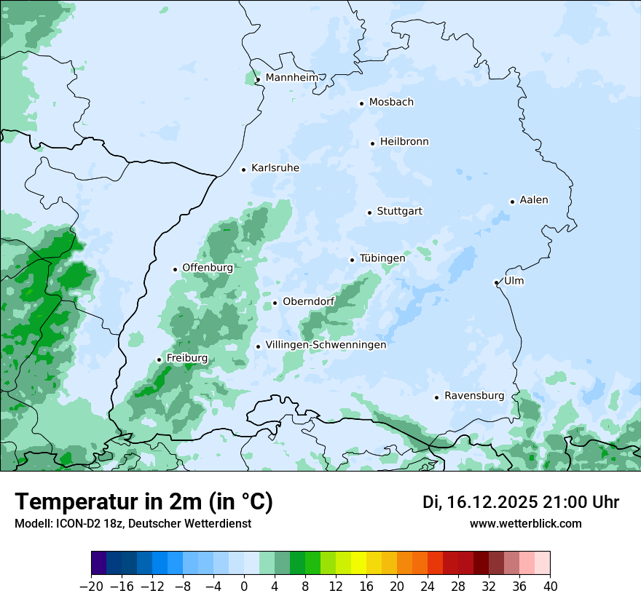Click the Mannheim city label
pyautogui.click(x=291, y=78)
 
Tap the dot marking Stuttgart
pyautogui.click(x=369, y=212)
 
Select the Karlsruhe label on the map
pyautogui.click(x=275, y=168)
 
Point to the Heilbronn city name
pyautogui.click(x=404, y=142)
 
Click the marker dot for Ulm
pyautogui.click(x=496, y=282)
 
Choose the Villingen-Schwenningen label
pyautogui.click(x=326, y=345)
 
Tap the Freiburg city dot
pyautogui.click(x=159, y=359)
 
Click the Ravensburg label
pyautogui.click(x=474, y=396)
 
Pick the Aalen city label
pyautogui.click(x=534, y=200)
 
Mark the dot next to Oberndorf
pyautogui.click(x=275, y=303)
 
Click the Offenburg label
pyautogui.click(x=208, y=268)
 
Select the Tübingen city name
pyautogui.click(x=382, y=258)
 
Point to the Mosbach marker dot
pyautogui.click(x=361, y=103)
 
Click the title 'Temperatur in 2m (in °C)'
pyautogui.click(x=143, y=501)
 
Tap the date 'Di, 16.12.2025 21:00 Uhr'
pyautogui.click(x=521, y=502)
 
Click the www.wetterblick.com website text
pyautogui.click(x=526, y=523)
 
